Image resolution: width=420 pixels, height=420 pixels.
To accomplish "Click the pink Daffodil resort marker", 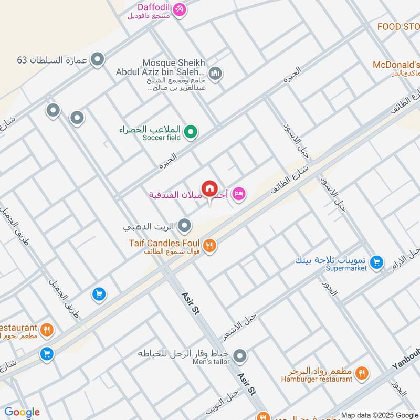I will [180, 10].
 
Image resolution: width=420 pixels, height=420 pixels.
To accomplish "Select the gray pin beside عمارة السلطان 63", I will [97, 59].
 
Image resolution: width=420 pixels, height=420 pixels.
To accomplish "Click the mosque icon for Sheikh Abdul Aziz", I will [215, 73].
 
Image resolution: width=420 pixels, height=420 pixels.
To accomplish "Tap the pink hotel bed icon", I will [239, 194].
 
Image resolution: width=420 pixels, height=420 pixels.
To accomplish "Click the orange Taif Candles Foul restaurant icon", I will [209, 245].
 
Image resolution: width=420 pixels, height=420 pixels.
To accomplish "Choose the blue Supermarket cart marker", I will [376, 261].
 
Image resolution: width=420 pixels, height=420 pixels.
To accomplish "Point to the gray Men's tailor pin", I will [240, 356].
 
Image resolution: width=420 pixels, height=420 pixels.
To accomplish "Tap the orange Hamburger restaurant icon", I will [361, 373].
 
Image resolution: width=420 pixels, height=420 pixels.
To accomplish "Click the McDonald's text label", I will [396, 65].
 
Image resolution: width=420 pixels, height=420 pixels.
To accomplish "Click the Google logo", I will [22, 412].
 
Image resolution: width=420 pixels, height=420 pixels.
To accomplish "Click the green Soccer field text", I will [161, 138].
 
